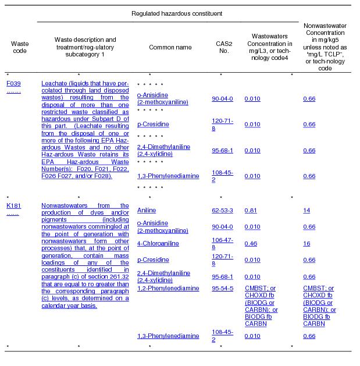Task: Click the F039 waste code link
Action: (13, 83)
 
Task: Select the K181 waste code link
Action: (13, 205)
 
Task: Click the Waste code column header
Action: (20, 47)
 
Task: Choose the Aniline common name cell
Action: (147, 211)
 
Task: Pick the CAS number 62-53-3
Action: (222, 210)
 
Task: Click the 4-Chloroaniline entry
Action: (158, 243)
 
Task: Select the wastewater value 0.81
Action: (250, 210)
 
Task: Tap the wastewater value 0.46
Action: (251, 243)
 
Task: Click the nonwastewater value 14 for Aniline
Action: (306, 210)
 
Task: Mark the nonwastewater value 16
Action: (306, 243)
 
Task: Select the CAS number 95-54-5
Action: (222, 288)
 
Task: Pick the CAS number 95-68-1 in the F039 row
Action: (222, 150)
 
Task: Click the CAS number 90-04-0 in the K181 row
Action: (222, 226)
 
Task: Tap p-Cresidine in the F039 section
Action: (153, 125)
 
